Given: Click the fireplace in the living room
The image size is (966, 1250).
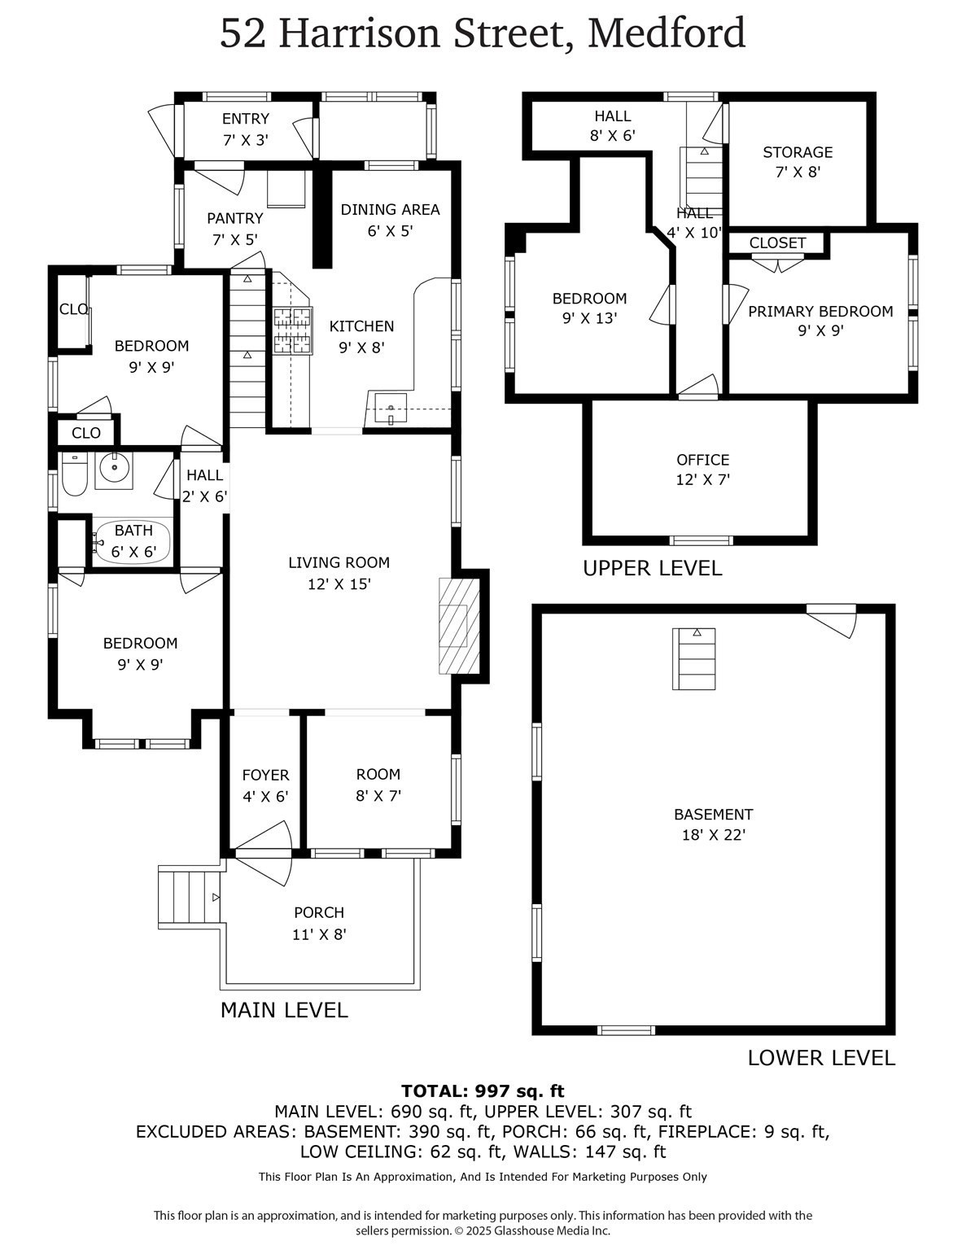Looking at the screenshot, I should coord(459,625).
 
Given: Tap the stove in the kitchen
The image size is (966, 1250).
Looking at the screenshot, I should coord(292,330).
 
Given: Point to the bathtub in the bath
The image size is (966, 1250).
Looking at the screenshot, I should coord(133,541).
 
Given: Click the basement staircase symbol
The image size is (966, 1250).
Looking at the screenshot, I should coord(693,658).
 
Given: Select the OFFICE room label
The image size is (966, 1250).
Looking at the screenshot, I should coord(702,460).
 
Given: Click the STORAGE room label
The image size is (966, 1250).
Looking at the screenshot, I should coord(797,152).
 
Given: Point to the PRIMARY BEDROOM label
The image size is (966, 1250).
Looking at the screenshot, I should coord(820,312).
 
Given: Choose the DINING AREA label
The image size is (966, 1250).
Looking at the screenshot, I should coord(390,210).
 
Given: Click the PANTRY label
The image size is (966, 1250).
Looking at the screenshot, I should coord(234,218).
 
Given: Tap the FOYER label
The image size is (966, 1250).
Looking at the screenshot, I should coord(265,776).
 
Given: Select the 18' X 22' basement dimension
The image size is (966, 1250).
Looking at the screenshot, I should coord(713,835).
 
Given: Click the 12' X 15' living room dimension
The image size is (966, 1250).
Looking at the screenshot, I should coord(339,583).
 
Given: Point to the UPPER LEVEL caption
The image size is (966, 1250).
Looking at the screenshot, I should coord(652,568).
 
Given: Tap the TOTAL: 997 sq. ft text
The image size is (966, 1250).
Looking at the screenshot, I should coord(483,1091).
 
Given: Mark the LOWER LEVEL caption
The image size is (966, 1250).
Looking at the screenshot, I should coord(820,1058).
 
